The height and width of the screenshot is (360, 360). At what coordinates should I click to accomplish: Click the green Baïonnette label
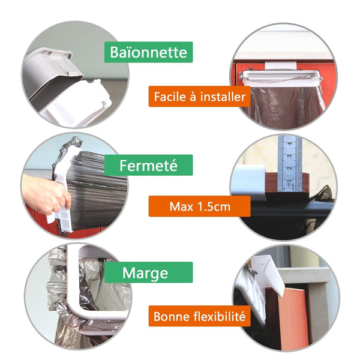click(148, 52)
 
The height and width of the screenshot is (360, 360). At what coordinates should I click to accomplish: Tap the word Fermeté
click(148, 166)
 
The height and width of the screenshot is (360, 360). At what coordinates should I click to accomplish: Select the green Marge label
click(148, 272)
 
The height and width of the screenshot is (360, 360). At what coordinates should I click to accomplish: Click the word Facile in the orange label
click(170, 97)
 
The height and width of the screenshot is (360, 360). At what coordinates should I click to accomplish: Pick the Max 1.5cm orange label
click(200, 206)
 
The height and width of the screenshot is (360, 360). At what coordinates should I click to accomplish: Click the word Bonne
click(171, 316)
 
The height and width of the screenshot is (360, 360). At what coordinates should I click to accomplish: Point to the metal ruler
click(289, 163)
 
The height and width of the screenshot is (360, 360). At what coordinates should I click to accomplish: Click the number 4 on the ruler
click(290, 143)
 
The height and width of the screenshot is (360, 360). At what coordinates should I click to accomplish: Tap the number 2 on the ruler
click(290, 168)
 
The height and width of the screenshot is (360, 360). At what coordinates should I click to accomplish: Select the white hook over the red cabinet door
click(280, 65)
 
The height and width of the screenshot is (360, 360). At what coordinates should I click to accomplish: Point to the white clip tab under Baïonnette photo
click(76, 103)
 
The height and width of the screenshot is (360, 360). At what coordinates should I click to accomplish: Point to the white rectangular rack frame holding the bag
click(280, 76)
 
